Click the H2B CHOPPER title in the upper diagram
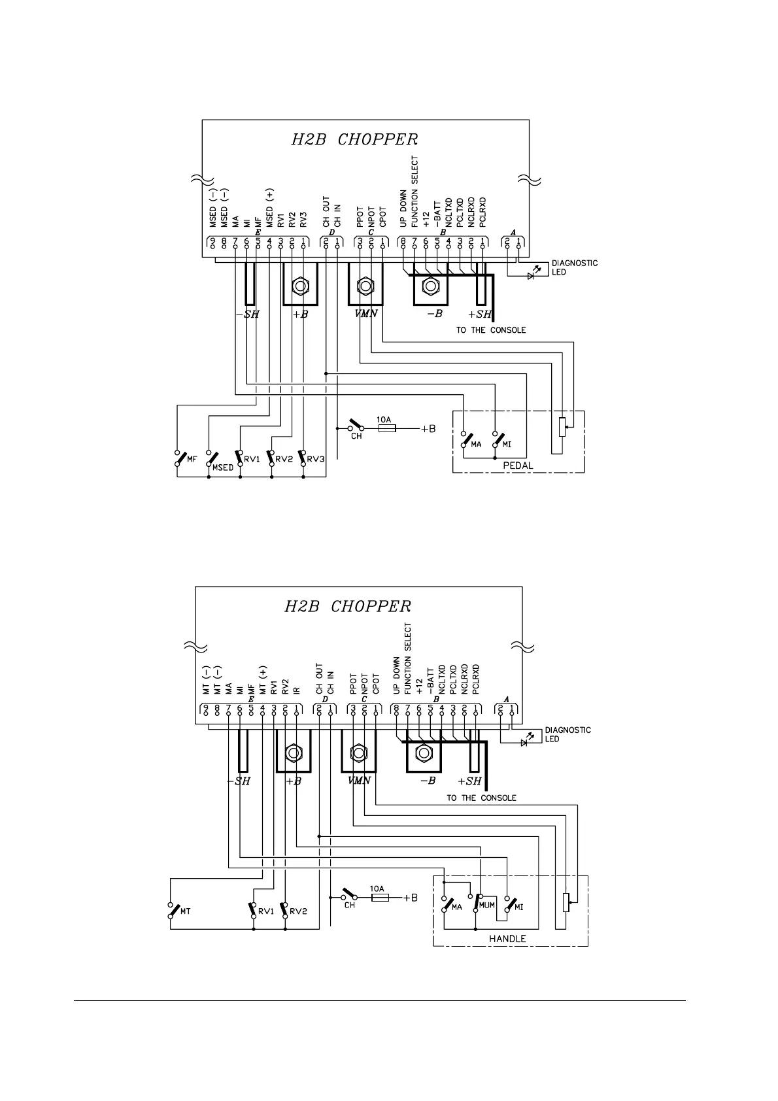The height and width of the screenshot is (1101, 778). tap(354, 139)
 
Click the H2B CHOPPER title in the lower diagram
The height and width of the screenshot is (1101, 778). tap(348, 606)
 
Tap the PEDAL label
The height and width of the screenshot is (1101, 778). tap(518, 466)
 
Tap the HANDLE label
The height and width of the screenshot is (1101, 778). tap(507, 938)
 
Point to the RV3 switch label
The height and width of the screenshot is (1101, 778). tap(316, 459)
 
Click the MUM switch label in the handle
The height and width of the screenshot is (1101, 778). tap(487, 906)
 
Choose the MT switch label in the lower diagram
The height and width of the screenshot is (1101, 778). tap(184, 911)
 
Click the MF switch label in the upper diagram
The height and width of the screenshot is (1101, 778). tap(192, 459)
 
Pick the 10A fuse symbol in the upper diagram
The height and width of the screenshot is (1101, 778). tap(386, 429)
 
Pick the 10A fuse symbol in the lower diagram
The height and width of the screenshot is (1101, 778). tap(380, 898)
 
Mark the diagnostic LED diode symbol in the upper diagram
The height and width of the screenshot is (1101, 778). tap(531, 275)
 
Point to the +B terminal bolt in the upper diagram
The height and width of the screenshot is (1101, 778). tap(300, 286)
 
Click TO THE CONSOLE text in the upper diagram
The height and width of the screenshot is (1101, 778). tap(490, 330)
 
